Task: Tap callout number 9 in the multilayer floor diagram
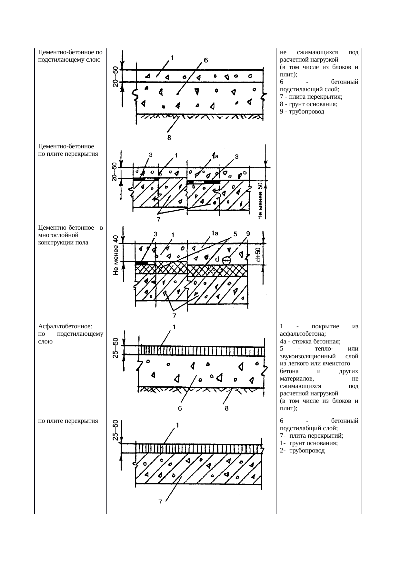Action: coord(248,234)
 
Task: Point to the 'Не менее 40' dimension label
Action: coord(115,255)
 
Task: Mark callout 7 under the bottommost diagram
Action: coord(160,511)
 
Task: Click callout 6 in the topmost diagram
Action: coord(205,60)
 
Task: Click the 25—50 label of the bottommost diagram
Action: coord(115,430)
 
